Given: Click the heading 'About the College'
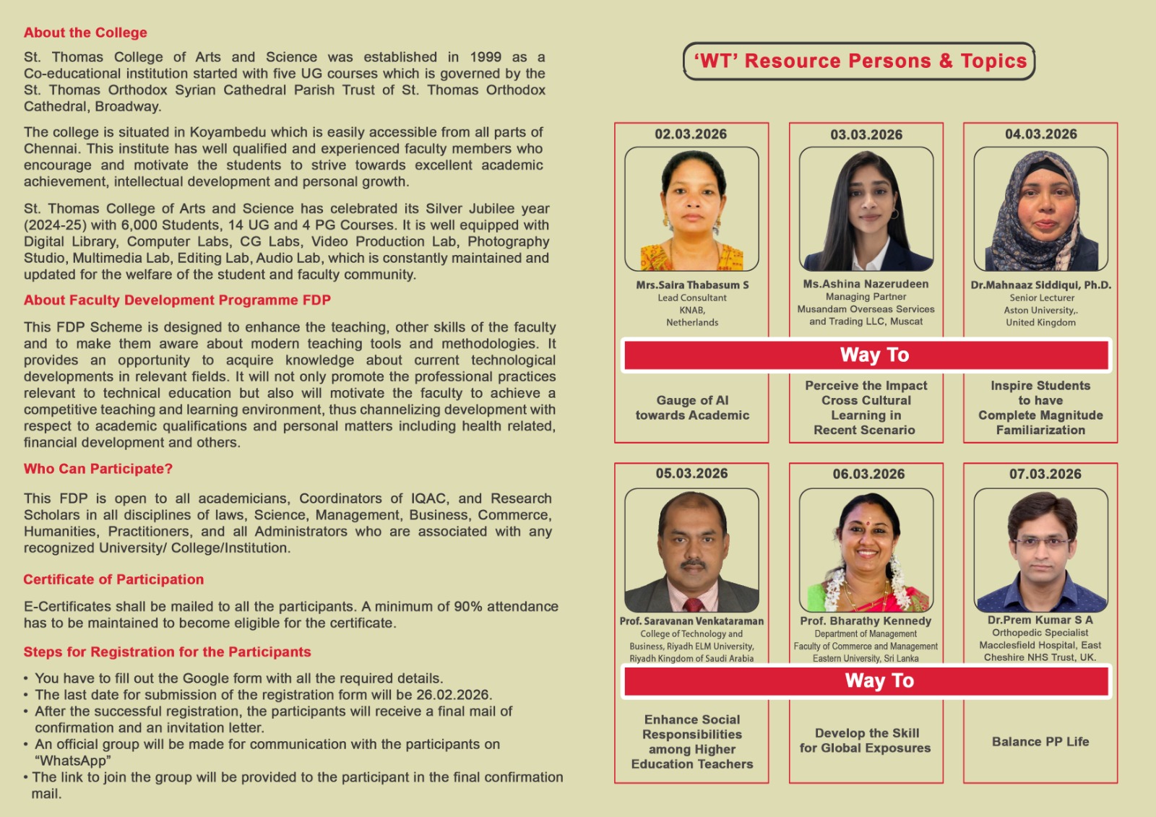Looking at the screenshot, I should click(85, 33).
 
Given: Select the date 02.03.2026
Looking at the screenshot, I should click(691, 134).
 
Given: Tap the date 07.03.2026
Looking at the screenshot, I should click(1045, 474).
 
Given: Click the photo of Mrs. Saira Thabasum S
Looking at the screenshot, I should click(691, 209).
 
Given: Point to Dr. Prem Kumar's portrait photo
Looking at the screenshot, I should click(1040, 550).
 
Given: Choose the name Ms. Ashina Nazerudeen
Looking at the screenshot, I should click(866, 284).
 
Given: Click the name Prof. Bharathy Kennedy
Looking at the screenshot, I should click(866, 621).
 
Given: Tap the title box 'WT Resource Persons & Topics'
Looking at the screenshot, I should click(859, 61).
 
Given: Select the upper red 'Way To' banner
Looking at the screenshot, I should click(866, 355).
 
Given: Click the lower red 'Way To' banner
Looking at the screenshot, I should click(866, 680).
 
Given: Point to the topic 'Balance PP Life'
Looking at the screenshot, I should click(1040, 741).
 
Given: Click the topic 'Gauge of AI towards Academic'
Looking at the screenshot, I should click(692, 407).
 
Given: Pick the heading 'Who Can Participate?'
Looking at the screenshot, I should click(98, 469).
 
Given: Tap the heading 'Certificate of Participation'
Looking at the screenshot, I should click(113, 579).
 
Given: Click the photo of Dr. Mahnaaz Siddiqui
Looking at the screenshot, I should click(1040, 209).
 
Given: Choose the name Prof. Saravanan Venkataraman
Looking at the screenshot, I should click(691, 621).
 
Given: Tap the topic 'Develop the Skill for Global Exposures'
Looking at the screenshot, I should click(866, 740).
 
